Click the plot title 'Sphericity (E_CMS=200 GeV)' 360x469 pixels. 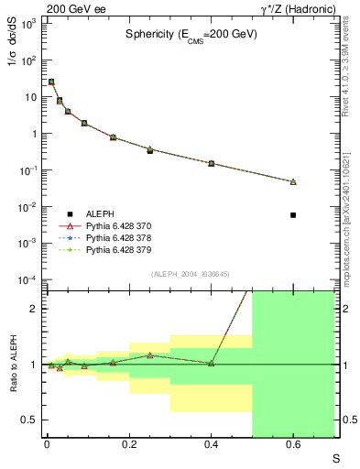(x=191, y=34)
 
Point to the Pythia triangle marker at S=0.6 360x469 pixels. (x=293, y=182)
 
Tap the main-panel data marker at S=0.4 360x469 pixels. (x=211, y=163)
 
